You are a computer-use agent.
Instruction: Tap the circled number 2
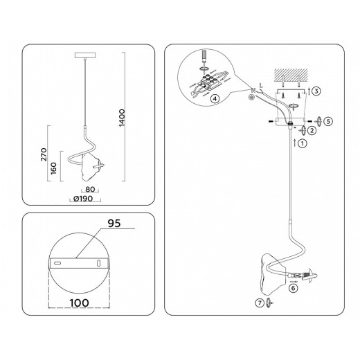pyautogui.click(x=312, y=129)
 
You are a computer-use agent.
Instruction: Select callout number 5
pyautogui.click(x=329, y=120)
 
